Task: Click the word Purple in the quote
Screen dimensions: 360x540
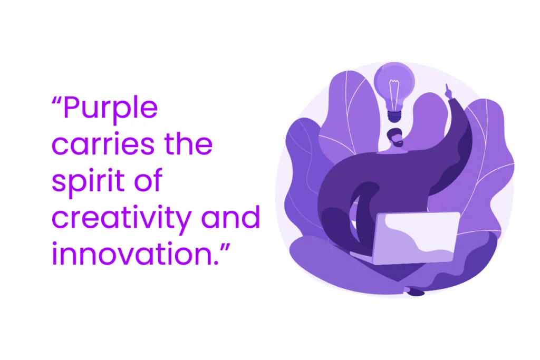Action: (110, 109)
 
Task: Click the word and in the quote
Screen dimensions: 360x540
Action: (232, 217)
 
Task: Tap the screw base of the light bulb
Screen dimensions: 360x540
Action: (394, 115)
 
